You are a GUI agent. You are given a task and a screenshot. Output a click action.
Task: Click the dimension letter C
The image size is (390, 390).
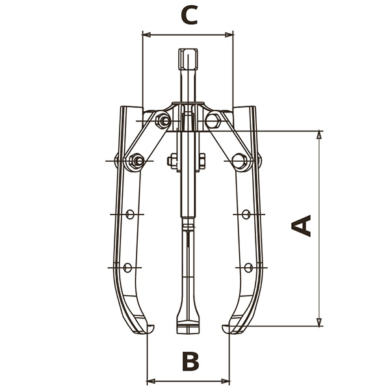pos(189,16)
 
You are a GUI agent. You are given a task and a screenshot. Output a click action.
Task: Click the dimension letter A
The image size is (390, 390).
pos(301,226)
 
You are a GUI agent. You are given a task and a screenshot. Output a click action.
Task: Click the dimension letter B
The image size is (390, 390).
pos(190,361)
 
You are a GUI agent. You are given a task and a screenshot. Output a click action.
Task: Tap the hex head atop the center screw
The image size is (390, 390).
pos(188,59)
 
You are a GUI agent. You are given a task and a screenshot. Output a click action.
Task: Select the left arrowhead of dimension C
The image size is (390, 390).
pos(147,35)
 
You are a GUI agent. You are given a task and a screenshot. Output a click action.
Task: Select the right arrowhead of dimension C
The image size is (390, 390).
pos(229,35)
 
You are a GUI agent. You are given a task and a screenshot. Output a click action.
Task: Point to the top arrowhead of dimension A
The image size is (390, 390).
pos(319,135)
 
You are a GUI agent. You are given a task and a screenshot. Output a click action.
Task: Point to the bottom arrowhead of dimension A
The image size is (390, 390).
pos(319,322)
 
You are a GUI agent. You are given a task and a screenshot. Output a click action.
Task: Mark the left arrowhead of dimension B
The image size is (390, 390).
pos(151,381)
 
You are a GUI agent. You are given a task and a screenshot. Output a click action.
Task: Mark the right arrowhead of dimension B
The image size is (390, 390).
pos(225,381)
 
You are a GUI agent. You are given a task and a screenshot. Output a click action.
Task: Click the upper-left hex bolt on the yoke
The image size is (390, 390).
pos(163,121)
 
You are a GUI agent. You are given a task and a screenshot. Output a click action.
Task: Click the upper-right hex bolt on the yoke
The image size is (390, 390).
pos(213,120)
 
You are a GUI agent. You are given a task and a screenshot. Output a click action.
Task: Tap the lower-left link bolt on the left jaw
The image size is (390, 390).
pos(136,161)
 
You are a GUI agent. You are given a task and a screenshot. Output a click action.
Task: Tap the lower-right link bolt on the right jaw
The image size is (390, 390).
pos(239,161)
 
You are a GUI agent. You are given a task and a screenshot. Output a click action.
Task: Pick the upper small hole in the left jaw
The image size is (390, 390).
pos(130,214)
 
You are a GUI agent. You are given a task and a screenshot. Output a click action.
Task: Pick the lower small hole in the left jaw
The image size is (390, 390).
pos(127,267)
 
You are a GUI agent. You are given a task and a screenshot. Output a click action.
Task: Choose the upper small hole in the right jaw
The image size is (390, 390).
pos(246,214)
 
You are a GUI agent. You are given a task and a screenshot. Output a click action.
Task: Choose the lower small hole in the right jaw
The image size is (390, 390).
pos(248,267)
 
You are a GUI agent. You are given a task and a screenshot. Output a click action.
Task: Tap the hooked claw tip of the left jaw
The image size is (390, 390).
pos(150,329)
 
